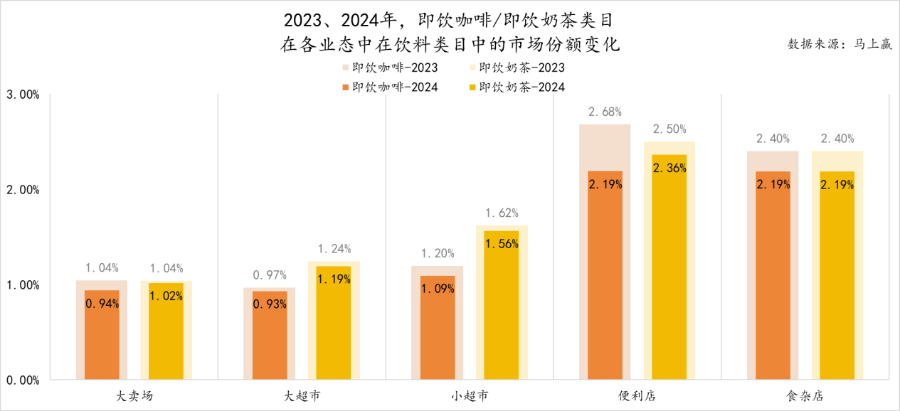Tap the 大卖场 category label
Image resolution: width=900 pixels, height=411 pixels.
click(134, 395)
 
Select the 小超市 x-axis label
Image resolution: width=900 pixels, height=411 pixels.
click(470, 395)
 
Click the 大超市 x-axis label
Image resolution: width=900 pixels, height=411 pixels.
click(302, 395)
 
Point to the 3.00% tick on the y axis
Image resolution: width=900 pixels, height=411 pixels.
click(23, 95)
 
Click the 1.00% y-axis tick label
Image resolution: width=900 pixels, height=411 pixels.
click(23, 285)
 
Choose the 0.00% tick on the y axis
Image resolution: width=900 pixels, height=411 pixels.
click(23, 380)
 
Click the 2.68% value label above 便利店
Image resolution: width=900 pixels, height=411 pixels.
click(605, 112)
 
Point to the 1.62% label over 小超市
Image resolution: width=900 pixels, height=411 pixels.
click(502, 213)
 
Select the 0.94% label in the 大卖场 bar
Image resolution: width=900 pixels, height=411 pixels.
click(102, 304)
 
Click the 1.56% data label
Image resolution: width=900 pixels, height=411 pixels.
click(502, 243)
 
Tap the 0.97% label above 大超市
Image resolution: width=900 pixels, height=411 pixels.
click(270, 275)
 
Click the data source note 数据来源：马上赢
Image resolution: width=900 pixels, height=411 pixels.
click(840, 44)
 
